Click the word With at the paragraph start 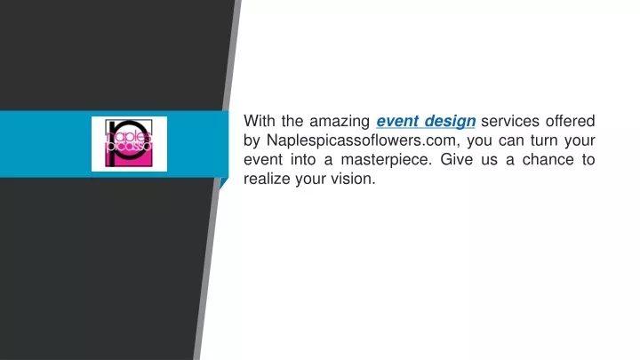[x=259, y=121]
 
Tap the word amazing [x=340, y=122]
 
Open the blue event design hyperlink [x=426, y=122]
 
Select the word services [x=510, y=121]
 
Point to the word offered [x=570, y=121]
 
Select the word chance [x=548, y=159]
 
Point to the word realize [x=267, y=179]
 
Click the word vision [x=353, y=179]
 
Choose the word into [x=303, y=159]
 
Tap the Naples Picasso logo [x=129, y=144]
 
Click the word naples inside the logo [x=129, y=136]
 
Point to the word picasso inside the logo [x=130, y=147]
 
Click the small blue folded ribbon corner [x=224, y=183]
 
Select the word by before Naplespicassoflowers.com [x=252, y=140]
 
